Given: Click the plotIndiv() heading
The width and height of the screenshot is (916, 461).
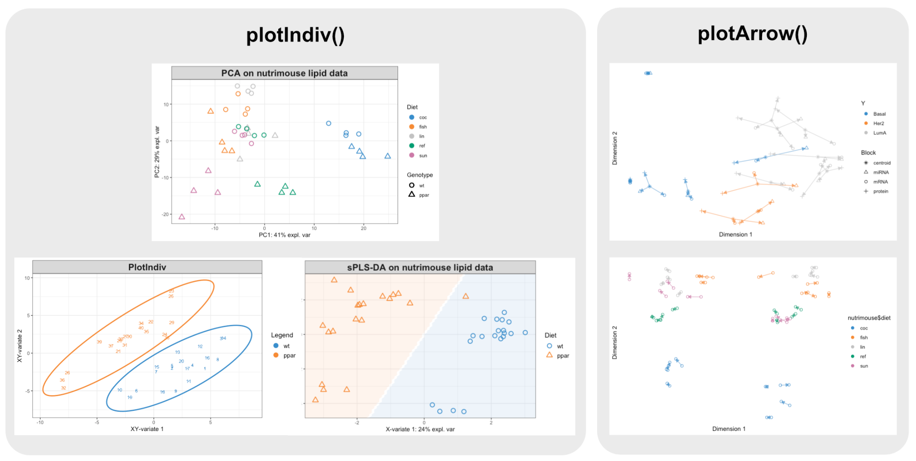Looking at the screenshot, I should coord(295,35).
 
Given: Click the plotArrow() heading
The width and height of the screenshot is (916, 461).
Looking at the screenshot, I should coord(752,34).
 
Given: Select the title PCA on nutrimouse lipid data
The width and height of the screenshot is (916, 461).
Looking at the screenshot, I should coord(284,73).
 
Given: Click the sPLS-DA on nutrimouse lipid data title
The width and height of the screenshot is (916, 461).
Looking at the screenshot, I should coord(420,268).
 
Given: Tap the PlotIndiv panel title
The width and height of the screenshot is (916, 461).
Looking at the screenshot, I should coord(147,267).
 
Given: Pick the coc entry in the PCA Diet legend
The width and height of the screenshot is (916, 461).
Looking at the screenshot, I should coord(422,117).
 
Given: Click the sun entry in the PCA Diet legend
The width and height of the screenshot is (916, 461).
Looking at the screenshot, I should coord(422,156).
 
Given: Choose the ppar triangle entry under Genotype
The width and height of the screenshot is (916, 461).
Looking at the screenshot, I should coord(423,195).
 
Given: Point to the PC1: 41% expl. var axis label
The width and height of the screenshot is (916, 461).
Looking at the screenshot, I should coord(284,235).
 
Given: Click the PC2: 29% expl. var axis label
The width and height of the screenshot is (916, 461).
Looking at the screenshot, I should coord(157,152).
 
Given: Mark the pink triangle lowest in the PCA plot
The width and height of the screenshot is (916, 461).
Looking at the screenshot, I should coord(182,217).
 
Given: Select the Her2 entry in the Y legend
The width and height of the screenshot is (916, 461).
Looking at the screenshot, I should coord(878,124).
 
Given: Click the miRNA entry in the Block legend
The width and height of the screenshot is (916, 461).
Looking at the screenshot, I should coord(880,172).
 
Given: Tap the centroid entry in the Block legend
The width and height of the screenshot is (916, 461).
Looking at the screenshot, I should coord(881,163).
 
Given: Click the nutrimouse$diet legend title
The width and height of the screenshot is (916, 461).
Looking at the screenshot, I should coord(869,318).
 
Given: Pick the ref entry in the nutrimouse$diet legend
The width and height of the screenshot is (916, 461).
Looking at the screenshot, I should coord(862,357).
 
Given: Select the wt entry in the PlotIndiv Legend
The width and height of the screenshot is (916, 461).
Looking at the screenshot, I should coord(286,346).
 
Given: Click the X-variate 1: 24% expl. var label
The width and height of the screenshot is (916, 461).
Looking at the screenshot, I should coord(420,429).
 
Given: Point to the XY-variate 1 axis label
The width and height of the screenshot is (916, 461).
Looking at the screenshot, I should coord(147,429).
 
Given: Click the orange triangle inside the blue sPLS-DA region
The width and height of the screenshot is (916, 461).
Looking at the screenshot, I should coord(466,296).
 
